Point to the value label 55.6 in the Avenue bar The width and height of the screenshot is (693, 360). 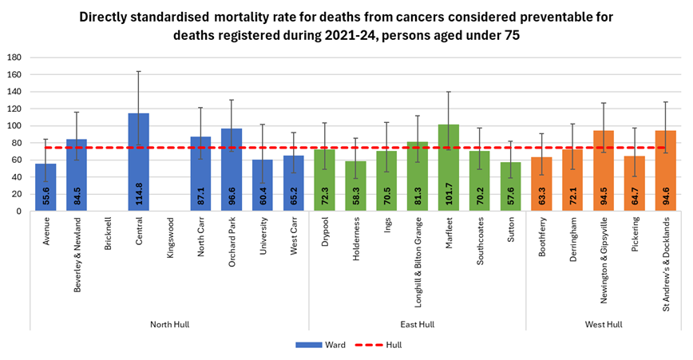(x=46, y=195)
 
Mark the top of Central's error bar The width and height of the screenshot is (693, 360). (x=138, y=71)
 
